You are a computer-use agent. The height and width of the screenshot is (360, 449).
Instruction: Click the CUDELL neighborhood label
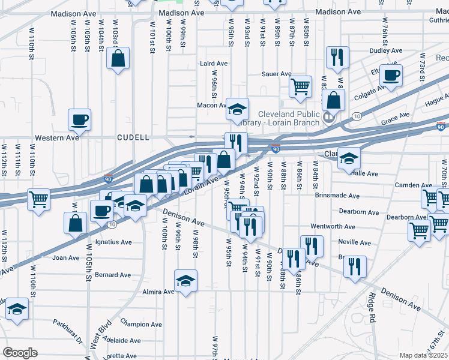[133, 137]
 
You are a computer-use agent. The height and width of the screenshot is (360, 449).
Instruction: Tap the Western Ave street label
[57, 137]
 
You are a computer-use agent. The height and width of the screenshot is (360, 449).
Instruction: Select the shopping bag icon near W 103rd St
[118, 59]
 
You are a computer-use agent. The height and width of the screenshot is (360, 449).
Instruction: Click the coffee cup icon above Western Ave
[79, 119]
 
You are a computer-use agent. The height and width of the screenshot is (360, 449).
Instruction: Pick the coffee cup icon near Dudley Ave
[391, 76]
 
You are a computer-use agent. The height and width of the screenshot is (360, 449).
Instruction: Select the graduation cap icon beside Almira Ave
[186, 281]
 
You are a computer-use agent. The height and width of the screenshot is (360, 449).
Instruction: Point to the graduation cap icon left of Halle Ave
[349, 158]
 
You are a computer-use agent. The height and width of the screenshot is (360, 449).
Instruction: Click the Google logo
[20, 353]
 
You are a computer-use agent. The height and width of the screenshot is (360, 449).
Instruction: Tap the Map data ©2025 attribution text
[423, 355]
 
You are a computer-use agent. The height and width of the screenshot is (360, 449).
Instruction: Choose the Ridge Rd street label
[373, 307]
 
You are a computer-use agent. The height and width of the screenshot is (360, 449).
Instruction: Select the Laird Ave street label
[214, 63]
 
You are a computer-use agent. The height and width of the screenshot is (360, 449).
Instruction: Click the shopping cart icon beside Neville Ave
[419, 229]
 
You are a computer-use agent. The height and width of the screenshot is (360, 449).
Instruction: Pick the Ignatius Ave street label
[113, 242]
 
